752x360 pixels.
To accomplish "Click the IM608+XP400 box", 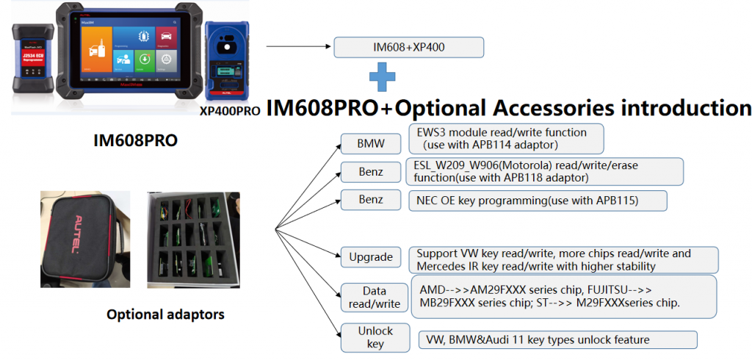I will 409,48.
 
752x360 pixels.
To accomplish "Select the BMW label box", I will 365,143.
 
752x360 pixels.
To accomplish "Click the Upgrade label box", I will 371,258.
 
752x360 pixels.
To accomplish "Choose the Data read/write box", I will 375,297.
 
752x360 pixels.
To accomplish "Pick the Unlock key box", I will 375,337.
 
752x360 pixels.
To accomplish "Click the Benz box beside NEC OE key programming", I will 371,200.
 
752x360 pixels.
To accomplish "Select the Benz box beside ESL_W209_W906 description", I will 371,172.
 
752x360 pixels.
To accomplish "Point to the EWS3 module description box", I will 505,138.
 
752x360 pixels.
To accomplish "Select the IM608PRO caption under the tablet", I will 135,140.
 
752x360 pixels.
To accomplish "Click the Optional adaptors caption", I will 165,314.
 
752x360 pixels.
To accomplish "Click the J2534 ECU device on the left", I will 31,59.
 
